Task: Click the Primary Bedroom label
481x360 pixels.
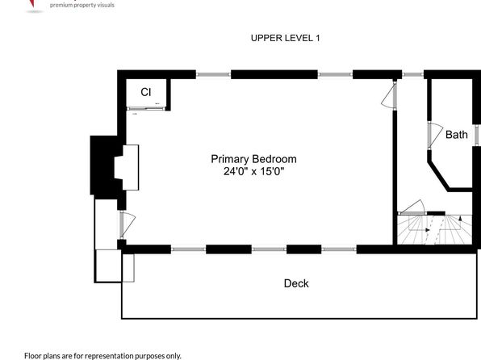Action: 253,159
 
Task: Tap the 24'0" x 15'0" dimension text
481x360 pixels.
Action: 253,171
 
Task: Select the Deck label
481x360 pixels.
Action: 296,283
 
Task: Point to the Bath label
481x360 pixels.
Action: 457,135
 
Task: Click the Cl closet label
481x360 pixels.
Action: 146,92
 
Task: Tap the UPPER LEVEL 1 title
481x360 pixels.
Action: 285,38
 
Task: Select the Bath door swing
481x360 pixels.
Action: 435,136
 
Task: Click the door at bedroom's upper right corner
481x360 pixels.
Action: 389,94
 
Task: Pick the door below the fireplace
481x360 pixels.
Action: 127,224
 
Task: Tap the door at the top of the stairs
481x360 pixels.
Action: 412,207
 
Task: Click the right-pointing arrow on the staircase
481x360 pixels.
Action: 428,230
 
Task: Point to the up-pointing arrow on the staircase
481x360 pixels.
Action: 460,218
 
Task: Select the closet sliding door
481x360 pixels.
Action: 146,108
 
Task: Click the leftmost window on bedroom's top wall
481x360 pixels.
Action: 213,74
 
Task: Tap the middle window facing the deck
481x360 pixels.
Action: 269,249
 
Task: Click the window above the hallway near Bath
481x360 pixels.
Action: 413,74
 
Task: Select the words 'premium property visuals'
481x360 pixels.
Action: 82,5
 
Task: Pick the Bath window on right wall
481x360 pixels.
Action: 477,135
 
